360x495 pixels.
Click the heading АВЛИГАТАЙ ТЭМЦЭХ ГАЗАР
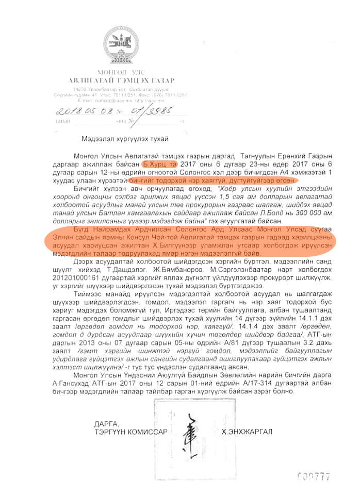[x=122, y=80]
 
